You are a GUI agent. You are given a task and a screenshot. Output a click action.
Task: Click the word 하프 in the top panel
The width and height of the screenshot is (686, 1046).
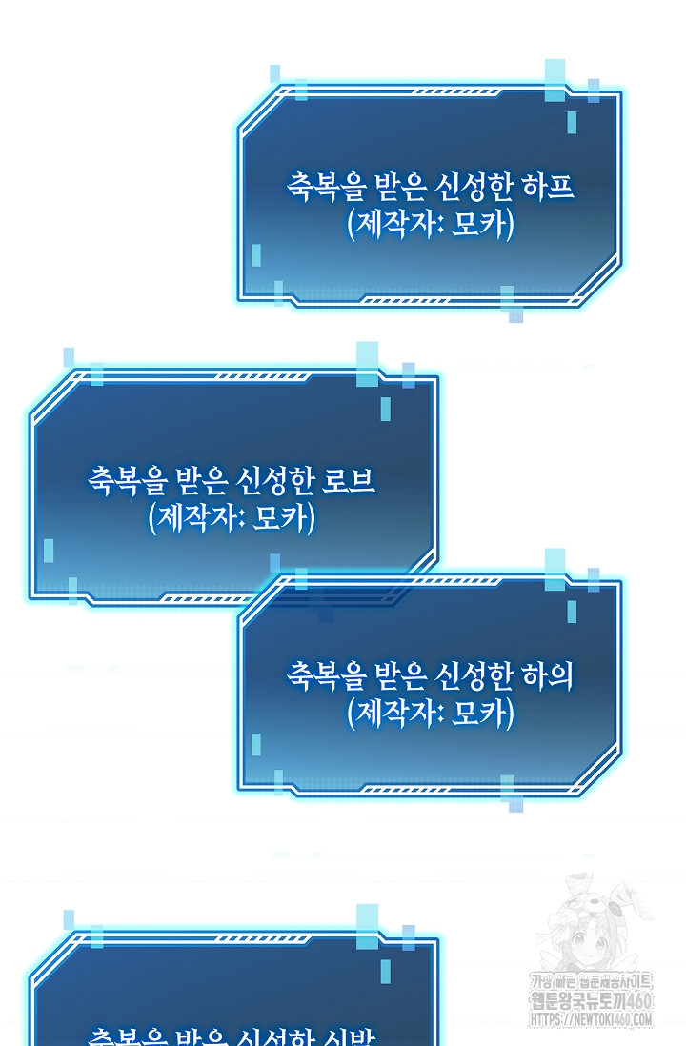(549, 186)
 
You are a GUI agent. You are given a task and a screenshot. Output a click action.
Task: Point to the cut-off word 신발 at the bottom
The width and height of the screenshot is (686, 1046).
(353, 1036)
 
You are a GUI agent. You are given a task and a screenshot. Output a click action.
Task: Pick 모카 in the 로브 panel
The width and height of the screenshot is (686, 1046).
(282, 518)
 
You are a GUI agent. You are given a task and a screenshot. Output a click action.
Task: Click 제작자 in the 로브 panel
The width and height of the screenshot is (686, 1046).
(193, 518)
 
